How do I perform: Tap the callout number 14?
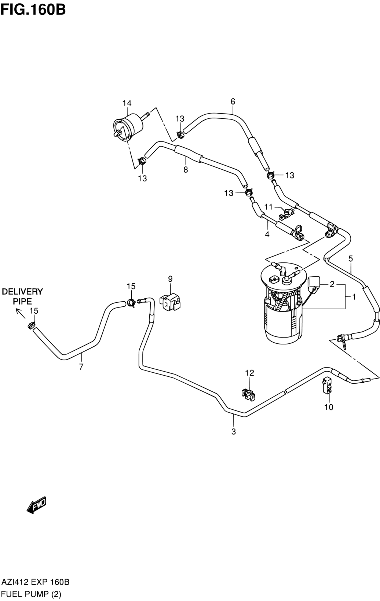coord(127,103)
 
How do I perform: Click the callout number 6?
coord(233,102)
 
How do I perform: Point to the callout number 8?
coord(186,170)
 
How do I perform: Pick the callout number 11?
coord(268,207)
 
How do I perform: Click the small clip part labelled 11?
coord(286,213)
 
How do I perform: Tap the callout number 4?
coord(267,234)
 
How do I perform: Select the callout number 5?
coord(351,259)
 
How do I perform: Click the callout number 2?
coord(332,284)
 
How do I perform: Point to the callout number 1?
coord(354,297)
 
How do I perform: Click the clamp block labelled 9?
coord(170,302)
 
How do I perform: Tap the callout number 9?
coord(170,279)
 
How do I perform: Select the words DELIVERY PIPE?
coord(22,296)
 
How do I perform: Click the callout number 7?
coord(81,366)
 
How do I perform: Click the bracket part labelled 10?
coord(327,385)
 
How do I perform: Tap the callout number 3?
coord(233,431)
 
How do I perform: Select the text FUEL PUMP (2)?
coord(32,594)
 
